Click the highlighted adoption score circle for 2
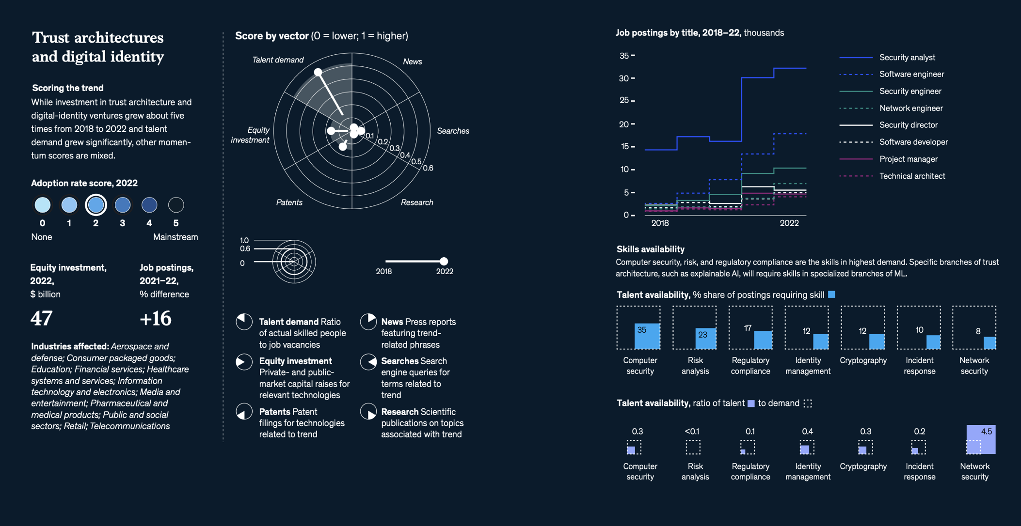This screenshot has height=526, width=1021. point(96,205)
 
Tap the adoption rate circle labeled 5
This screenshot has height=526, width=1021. point(176,205)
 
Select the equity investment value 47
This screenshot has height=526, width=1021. point(42,318)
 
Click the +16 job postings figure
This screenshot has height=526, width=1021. point(155,318)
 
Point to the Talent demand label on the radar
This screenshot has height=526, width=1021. point(278,60)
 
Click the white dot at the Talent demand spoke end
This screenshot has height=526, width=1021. point(318,72)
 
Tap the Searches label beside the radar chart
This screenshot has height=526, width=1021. point(453,131)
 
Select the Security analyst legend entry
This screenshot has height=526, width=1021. point(907,58)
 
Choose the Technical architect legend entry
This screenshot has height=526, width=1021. point(912,176)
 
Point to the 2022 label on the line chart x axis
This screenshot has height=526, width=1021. point(789,223)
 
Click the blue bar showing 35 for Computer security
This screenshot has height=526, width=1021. point(647,336)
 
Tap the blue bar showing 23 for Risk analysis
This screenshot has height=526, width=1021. point(705,339)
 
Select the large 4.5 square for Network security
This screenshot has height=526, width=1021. point(981,439)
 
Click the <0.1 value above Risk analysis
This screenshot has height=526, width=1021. point(692,432)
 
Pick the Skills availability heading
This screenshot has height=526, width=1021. point(650,249)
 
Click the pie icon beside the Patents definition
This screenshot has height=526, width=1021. point(244,412)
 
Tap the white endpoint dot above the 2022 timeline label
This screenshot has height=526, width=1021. point(444,261)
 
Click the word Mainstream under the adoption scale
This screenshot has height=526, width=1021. point(175,237)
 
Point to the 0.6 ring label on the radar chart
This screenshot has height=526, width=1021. point(428,168)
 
